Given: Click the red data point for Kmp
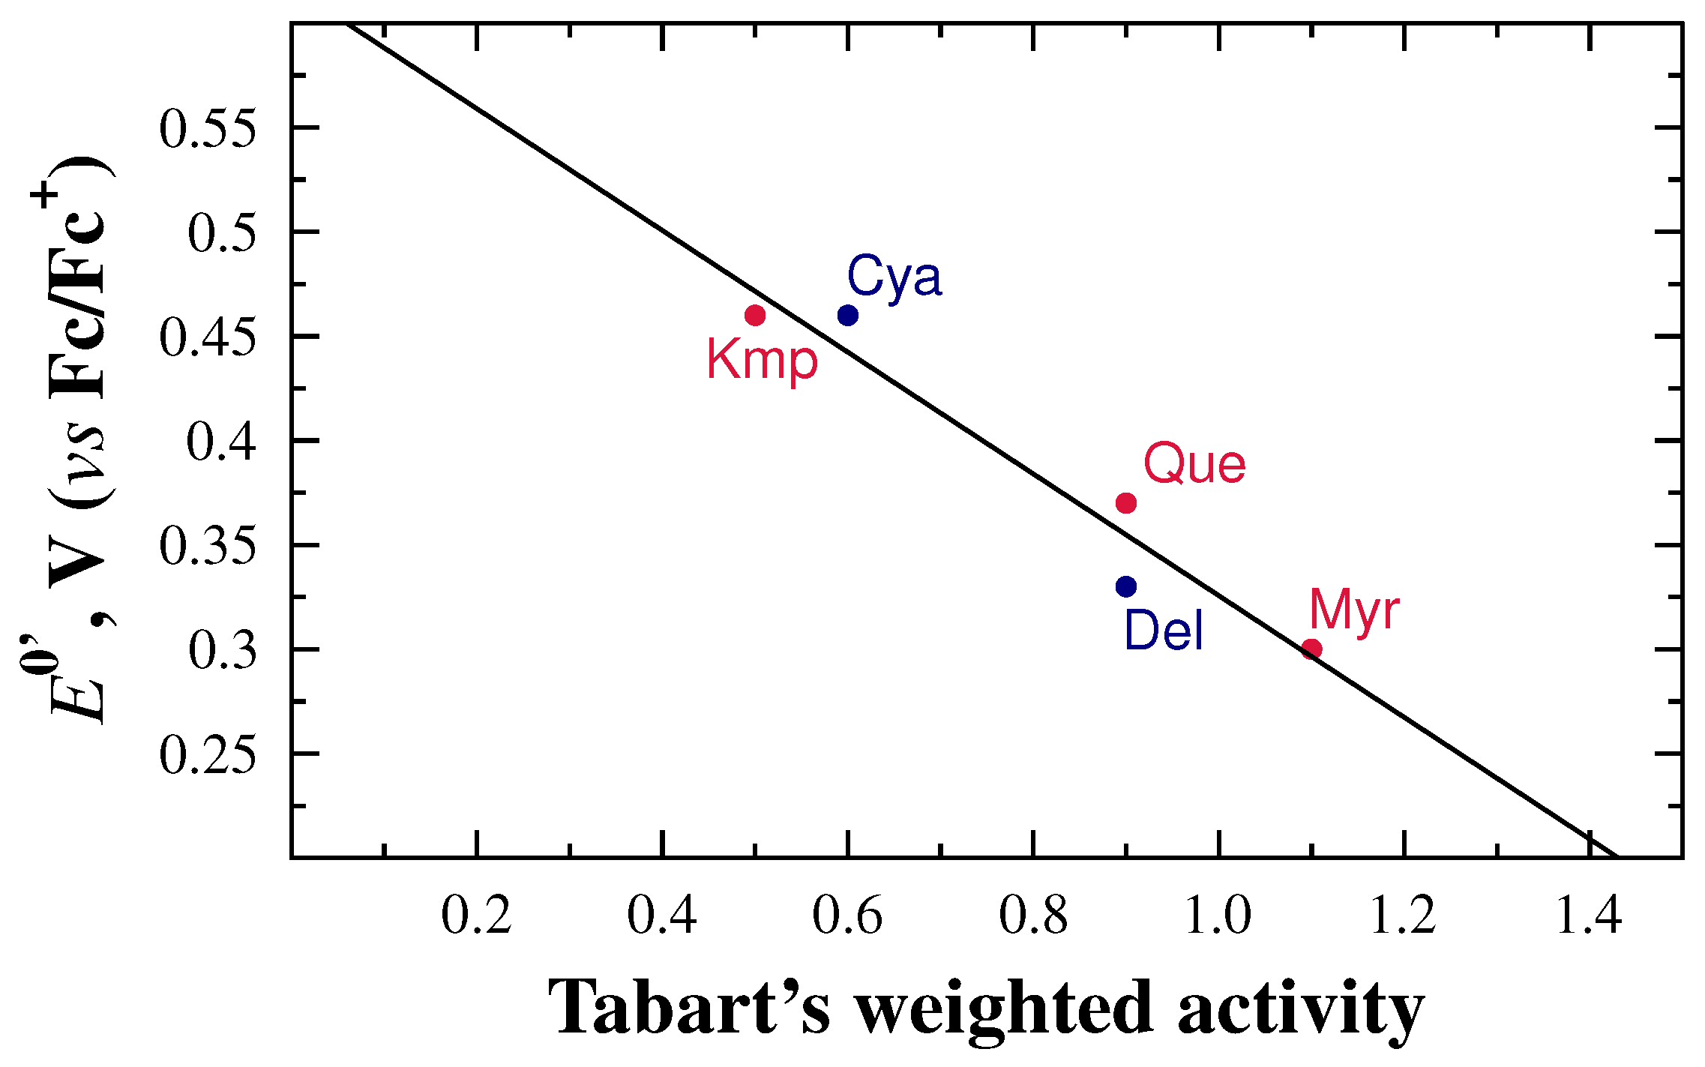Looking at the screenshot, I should [x=755, y=315].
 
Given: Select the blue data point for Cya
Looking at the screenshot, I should [x=848, y=315].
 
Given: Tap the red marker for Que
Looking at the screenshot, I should [x=1126, y=502].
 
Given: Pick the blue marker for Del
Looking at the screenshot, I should [x=1126, y=586].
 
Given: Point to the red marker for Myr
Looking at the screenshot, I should [x=1311, y=649].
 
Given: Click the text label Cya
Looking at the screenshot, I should [x=894, y=277].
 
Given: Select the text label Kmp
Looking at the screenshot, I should [x=762, y=361].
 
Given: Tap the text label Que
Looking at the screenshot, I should [x=1194, y=464].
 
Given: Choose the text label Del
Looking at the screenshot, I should [x=1164, y=631].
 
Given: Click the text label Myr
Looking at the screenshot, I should [x=1354, y=611].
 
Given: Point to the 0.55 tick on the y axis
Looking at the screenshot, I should [x=208, y=128].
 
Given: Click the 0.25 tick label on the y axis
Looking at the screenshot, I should [x=208, y=754].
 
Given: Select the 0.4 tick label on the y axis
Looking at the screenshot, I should [x=221, y=441].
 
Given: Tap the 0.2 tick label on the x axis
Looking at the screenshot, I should [x=476, y=916].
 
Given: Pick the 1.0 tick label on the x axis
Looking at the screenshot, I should [x=1218, y=916].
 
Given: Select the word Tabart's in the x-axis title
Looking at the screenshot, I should [x=689, y=1009].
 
